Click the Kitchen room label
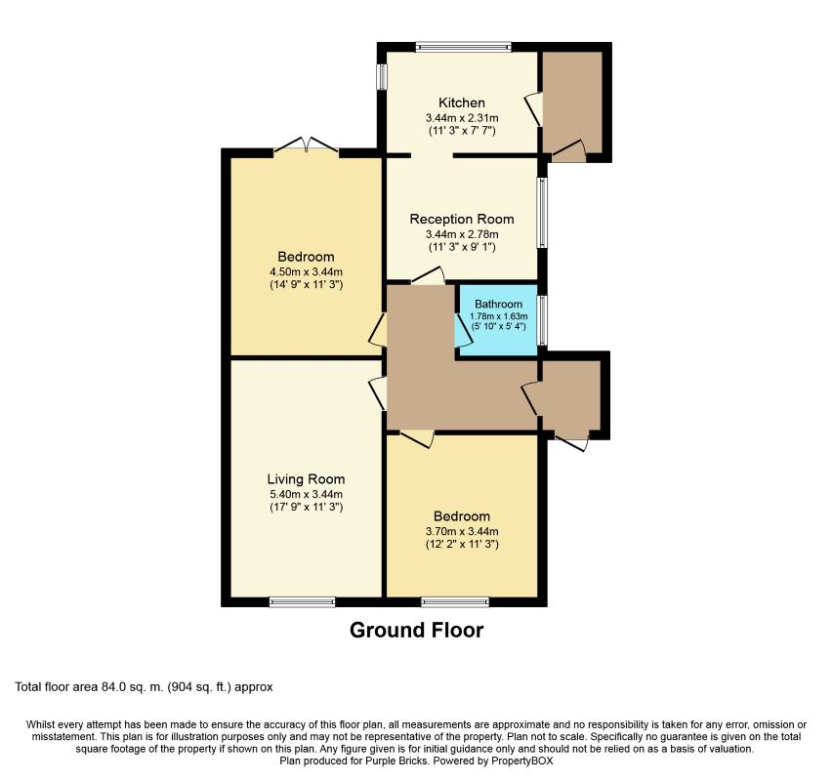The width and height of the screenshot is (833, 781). [462, 103]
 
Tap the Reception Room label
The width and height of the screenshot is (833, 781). [462, 219]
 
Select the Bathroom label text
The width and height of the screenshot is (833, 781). [498, 305]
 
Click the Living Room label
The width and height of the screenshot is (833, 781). [306, 479]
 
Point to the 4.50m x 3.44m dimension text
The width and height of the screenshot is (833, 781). [306, 271]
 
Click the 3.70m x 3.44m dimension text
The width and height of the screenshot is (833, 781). [462, 531]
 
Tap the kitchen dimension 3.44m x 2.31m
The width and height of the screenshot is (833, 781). [462, 118]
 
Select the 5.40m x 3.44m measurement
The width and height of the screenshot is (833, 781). [306, 494]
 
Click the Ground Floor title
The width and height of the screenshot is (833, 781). [416, 631]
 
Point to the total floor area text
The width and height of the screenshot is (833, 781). [144, 687]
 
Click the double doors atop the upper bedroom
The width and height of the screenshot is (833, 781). [307, 146]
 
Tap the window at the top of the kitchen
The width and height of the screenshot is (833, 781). [463, 47]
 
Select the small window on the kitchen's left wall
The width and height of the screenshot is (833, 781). [382, 77]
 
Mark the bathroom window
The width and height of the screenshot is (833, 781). [542, 320]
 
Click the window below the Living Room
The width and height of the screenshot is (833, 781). [303, 602]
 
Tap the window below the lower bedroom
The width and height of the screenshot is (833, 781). [455, 602]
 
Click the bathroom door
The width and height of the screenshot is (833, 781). [462, 330]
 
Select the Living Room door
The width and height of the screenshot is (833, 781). [378, 393]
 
